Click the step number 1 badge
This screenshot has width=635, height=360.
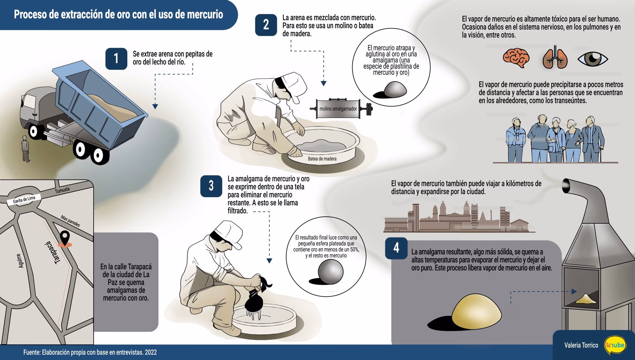[x=116, y=59]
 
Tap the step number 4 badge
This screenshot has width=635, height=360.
[x=396, y=248]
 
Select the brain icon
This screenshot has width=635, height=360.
[x=516, y=58]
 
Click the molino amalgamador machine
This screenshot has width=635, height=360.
[x=338, y=109]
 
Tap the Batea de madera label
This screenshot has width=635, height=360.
[x=322, y=159]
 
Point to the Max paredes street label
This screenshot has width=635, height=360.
[x=70, y=221]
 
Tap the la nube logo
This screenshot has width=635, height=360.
[x=615, y=345]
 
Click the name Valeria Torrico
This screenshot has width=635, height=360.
[x=581, y=345]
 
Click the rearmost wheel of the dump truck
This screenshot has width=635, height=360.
[x=98, y=155]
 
